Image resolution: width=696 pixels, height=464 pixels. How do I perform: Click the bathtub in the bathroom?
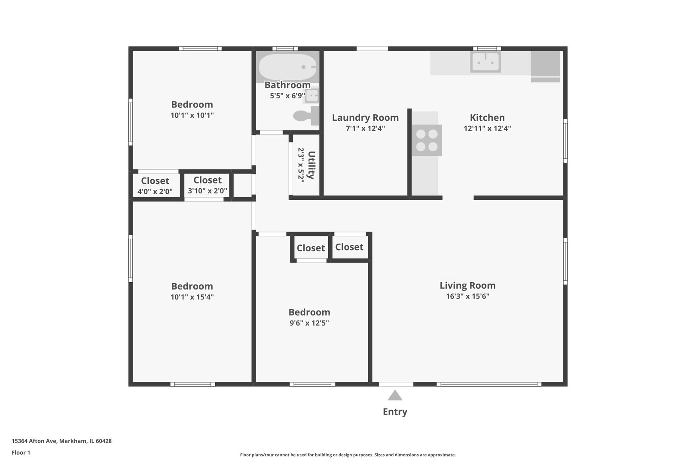[x=287, y=67]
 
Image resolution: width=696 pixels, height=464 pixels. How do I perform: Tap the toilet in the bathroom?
[x=306, y=116]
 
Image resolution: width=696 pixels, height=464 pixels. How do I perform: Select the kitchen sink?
[x=485, y=62]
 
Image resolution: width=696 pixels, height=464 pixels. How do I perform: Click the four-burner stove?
[x=427, y=140]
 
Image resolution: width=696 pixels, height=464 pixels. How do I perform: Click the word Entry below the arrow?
[x=395, y=412]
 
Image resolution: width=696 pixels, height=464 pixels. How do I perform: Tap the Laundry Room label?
[x=365, y=117]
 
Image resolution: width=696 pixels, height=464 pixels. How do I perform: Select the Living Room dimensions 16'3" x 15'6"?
[x=467, y=296]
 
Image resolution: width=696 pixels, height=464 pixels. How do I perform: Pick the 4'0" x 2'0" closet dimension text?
[x=155, y=192]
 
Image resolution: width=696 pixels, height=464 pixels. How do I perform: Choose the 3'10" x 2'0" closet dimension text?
[x=207, y=191]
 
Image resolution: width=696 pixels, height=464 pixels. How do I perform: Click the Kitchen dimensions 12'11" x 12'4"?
[x=487, y=128]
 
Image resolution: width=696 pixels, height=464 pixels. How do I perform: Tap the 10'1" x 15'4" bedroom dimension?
[x=192, y=297]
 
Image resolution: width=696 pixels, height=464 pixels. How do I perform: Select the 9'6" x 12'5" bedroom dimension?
[x=309, y=323]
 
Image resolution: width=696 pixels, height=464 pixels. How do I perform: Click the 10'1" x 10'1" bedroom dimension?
[x=192, y=115]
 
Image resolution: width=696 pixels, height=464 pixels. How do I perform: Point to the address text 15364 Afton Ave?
[x=34, y=441]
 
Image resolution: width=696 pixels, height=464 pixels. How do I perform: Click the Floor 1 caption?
[x=21, y=452]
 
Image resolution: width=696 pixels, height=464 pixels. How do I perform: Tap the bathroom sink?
[x=311, y=96]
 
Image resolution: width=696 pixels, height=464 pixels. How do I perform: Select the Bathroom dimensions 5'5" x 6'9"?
[x=287, y=96]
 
